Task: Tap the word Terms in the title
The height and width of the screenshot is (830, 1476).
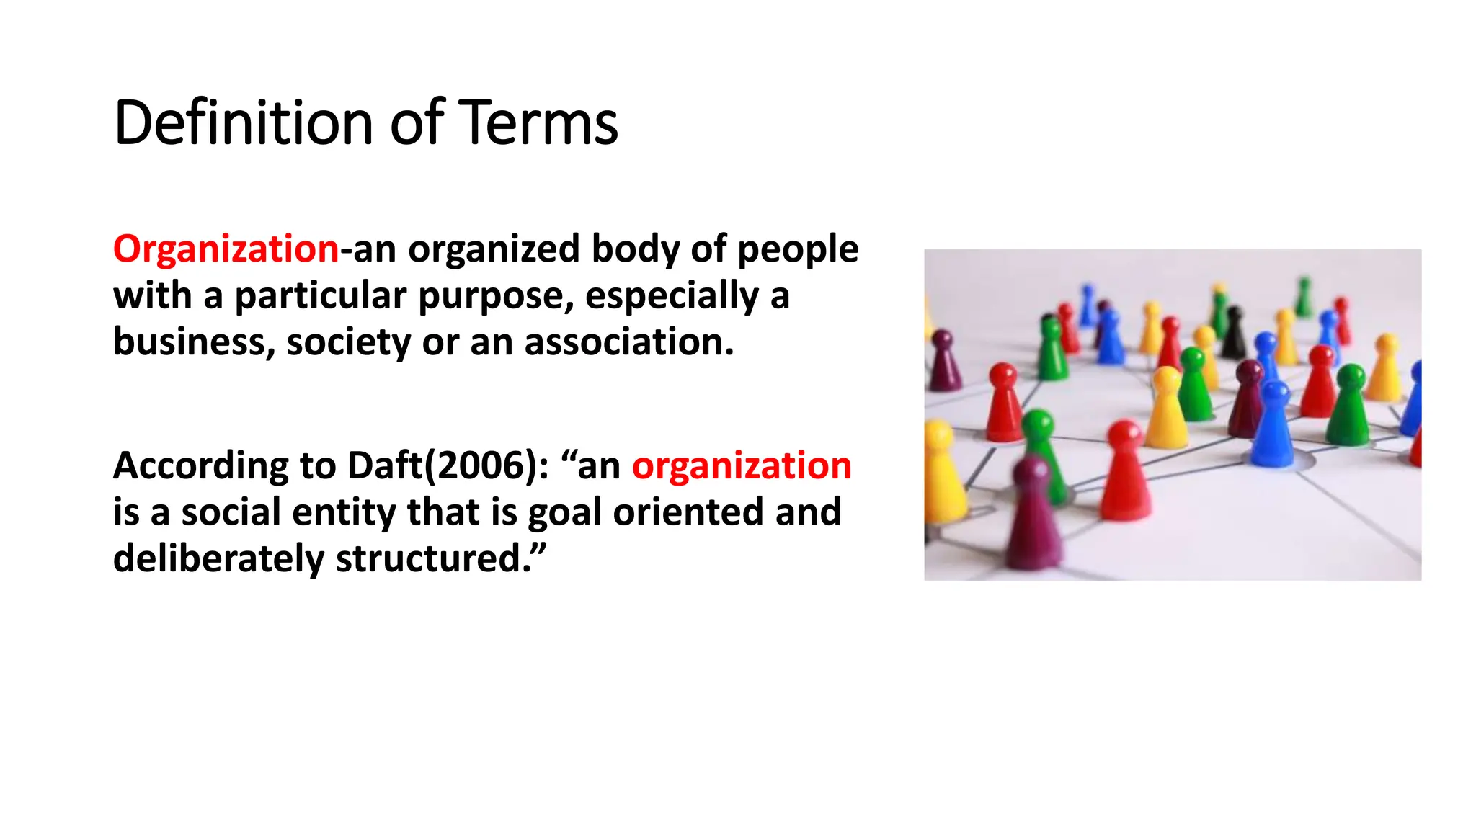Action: click(x=538, y=122)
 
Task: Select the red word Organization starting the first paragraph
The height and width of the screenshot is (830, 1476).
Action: click(x=226, y=249)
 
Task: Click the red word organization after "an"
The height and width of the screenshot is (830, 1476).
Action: click(x=742, y=465)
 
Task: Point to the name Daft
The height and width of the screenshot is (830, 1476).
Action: click(x=385, y=465)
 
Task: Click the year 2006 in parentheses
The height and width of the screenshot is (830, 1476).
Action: click(x=480, y=465)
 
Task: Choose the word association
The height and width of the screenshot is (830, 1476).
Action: click(x=628, y=342)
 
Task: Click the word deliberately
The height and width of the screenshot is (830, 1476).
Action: click(x=219, y=558)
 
